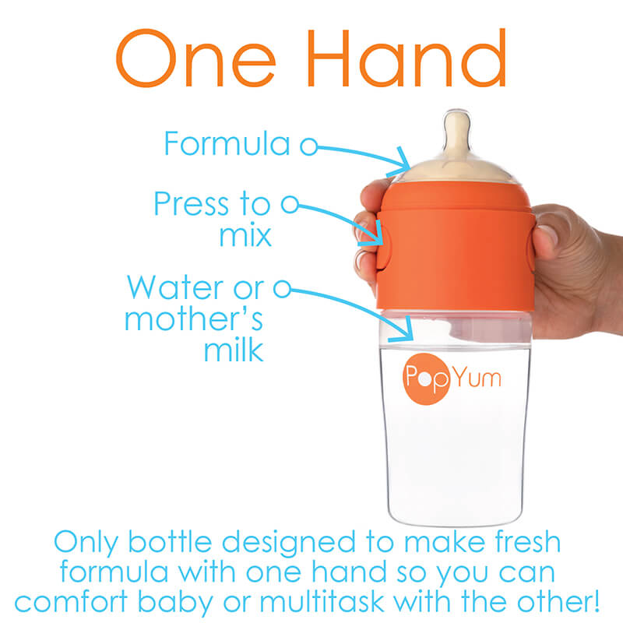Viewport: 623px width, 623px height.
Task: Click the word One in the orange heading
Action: tap(195, 58)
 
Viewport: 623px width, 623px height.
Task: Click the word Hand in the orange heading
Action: tap(407, 58)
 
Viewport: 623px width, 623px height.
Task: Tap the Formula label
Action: tap(227, 143)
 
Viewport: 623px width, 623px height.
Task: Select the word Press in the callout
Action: tap(191, 203)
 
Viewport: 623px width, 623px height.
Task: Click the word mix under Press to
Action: tap(245, 235)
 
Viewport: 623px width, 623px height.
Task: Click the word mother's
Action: tap(193, 319)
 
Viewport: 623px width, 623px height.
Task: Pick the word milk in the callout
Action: tap(234, 350)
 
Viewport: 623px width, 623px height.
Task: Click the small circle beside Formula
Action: tap(308, 146)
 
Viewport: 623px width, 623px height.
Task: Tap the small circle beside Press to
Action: tap(290, 204)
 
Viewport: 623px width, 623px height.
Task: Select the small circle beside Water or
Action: tap(282, 289)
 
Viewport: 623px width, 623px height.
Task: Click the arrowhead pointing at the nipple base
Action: tap(401, 163)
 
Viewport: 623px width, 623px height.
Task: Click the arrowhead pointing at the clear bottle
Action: tap(403, 330)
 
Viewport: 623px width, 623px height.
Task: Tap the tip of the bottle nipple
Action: tap(457, 113)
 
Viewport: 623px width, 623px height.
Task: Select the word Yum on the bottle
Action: tap(477, 377)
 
